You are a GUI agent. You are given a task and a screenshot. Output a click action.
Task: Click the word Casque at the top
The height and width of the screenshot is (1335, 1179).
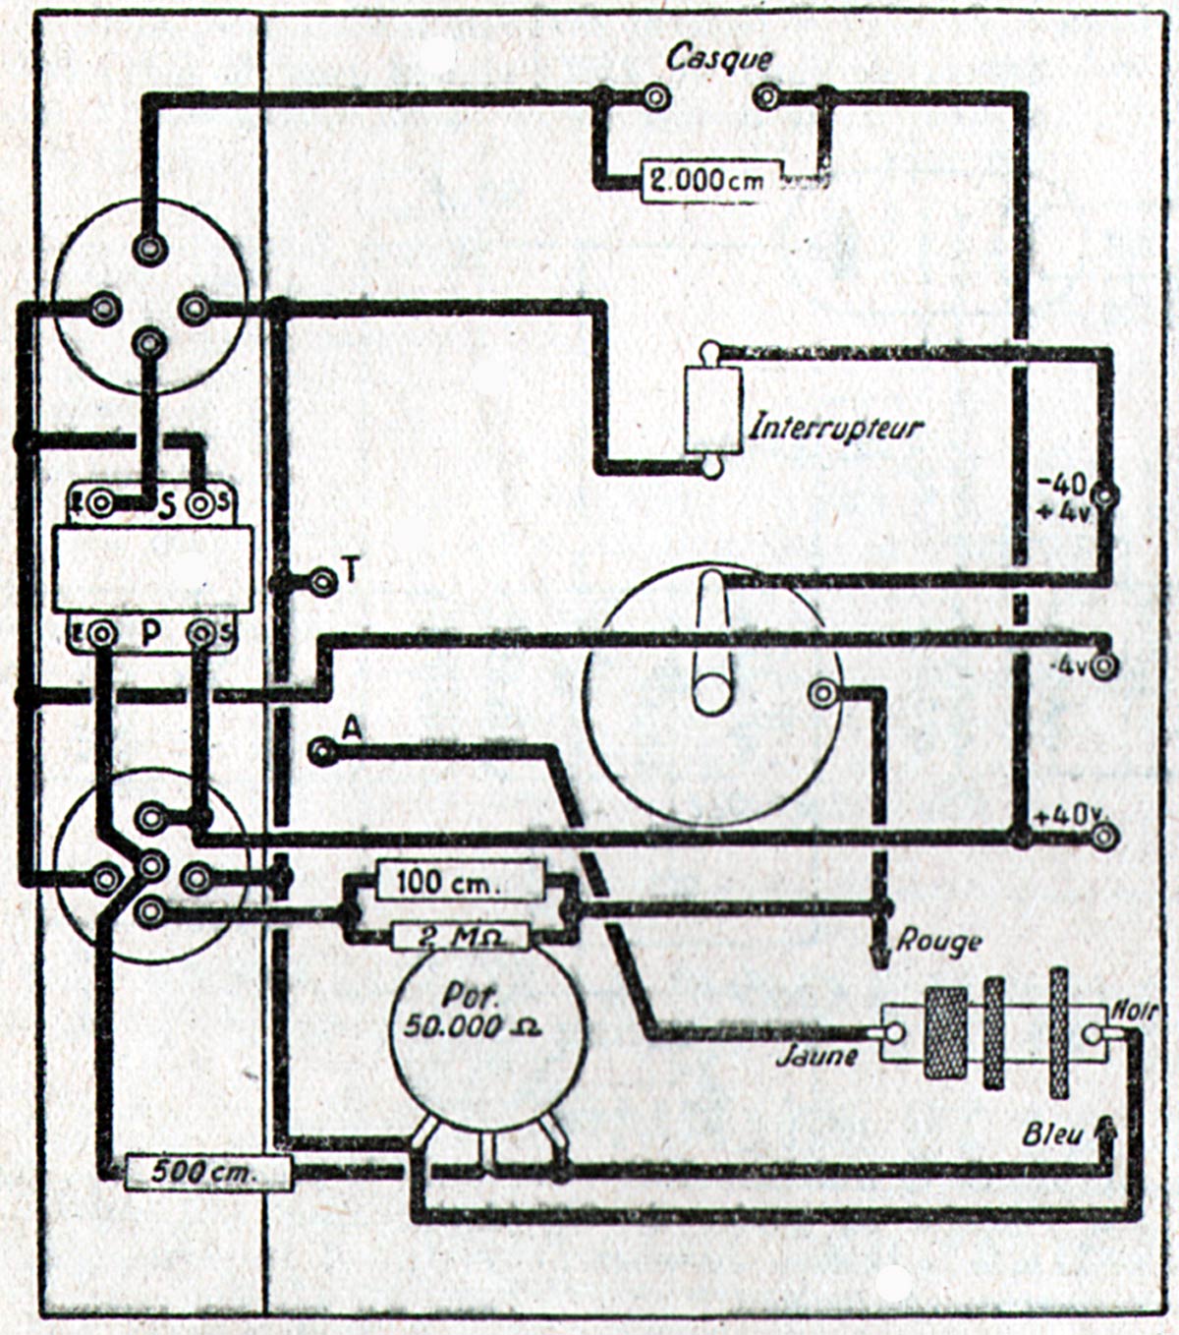tap(719, 57)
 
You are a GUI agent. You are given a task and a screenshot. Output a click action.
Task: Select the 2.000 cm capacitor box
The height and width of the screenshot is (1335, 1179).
tap(710, 181)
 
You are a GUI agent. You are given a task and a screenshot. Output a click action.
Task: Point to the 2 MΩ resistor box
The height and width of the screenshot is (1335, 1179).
tap(460, 938)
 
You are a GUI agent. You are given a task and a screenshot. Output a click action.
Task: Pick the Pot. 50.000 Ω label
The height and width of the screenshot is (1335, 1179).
tap(474, 1011)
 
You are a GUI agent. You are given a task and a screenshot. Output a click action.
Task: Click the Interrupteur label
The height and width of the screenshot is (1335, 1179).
tap(836, 428)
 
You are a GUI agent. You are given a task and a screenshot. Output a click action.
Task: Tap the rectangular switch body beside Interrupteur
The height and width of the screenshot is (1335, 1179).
tap(711, 410)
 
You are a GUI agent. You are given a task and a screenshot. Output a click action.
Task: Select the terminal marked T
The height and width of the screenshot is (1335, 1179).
tap(320, 581)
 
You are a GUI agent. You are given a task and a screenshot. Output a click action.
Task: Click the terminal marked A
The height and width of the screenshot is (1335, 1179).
tap(321, 753)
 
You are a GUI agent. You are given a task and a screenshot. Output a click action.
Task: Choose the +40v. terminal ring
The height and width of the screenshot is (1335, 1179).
tap(1105, 837)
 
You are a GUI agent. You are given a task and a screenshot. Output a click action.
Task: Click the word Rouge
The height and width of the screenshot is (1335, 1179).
tap(938, 942)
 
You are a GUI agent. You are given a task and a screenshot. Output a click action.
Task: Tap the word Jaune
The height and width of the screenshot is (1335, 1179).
tap(815, 1057)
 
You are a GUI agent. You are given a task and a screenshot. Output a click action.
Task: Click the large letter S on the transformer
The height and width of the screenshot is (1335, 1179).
tap(166, 506)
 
